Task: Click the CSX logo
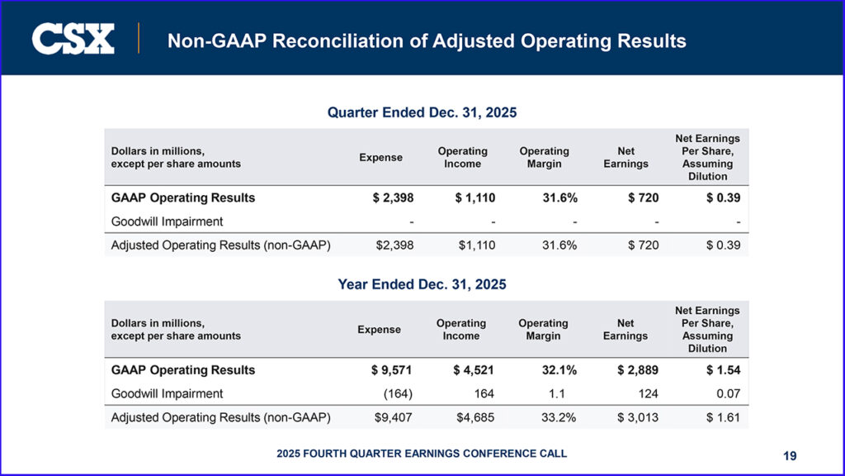(73, 39)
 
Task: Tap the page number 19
(791, 455)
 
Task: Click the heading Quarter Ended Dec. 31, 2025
(422, 112)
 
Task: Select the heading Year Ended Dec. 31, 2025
(422, 284)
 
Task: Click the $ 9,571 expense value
(392, 370)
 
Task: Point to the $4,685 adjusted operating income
(475, 417)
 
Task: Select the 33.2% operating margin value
(558, 417)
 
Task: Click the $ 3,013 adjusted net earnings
(638, 417)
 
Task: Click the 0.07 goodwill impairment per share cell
(727, 393)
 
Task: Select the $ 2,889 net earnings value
(638, 370)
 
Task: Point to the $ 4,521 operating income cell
(474, 370)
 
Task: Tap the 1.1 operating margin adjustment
(569, 393)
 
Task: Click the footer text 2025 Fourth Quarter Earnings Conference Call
(422, 454)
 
